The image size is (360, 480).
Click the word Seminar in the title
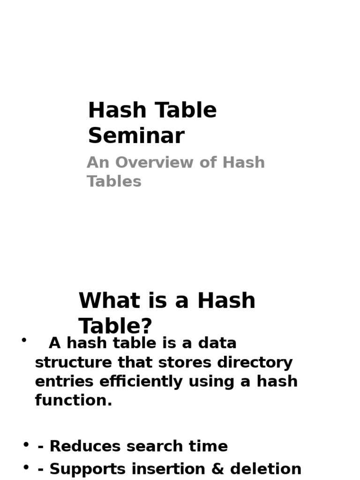[136, 135]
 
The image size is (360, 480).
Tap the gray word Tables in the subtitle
[114, 181]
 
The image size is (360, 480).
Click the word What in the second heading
[109, 300]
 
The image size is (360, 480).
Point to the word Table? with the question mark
[115, 326]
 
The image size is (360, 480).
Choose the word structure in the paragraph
[74, 363]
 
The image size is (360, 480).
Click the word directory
[255, 363]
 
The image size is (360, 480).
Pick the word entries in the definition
[64, 382]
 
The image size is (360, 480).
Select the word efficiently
[141, 382]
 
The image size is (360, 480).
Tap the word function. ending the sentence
[74, 400]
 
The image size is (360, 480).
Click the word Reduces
[85, 446]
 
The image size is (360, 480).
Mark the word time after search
[208, 446]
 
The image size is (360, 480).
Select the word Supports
[88, 469]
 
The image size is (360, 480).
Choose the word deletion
[266, 469]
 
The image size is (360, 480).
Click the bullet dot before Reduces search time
[26, 444]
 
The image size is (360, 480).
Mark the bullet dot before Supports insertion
[26, 467]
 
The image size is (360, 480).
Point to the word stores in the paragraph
[185, 363]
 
